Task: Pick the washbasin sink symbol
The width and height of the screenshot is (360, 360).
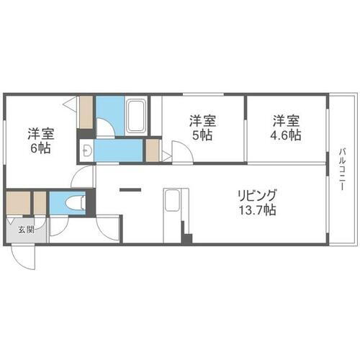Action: click(x=86, y=150)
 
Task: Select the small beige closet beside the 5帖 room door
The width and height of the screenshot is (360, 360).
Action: click(x=152, y=150)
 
